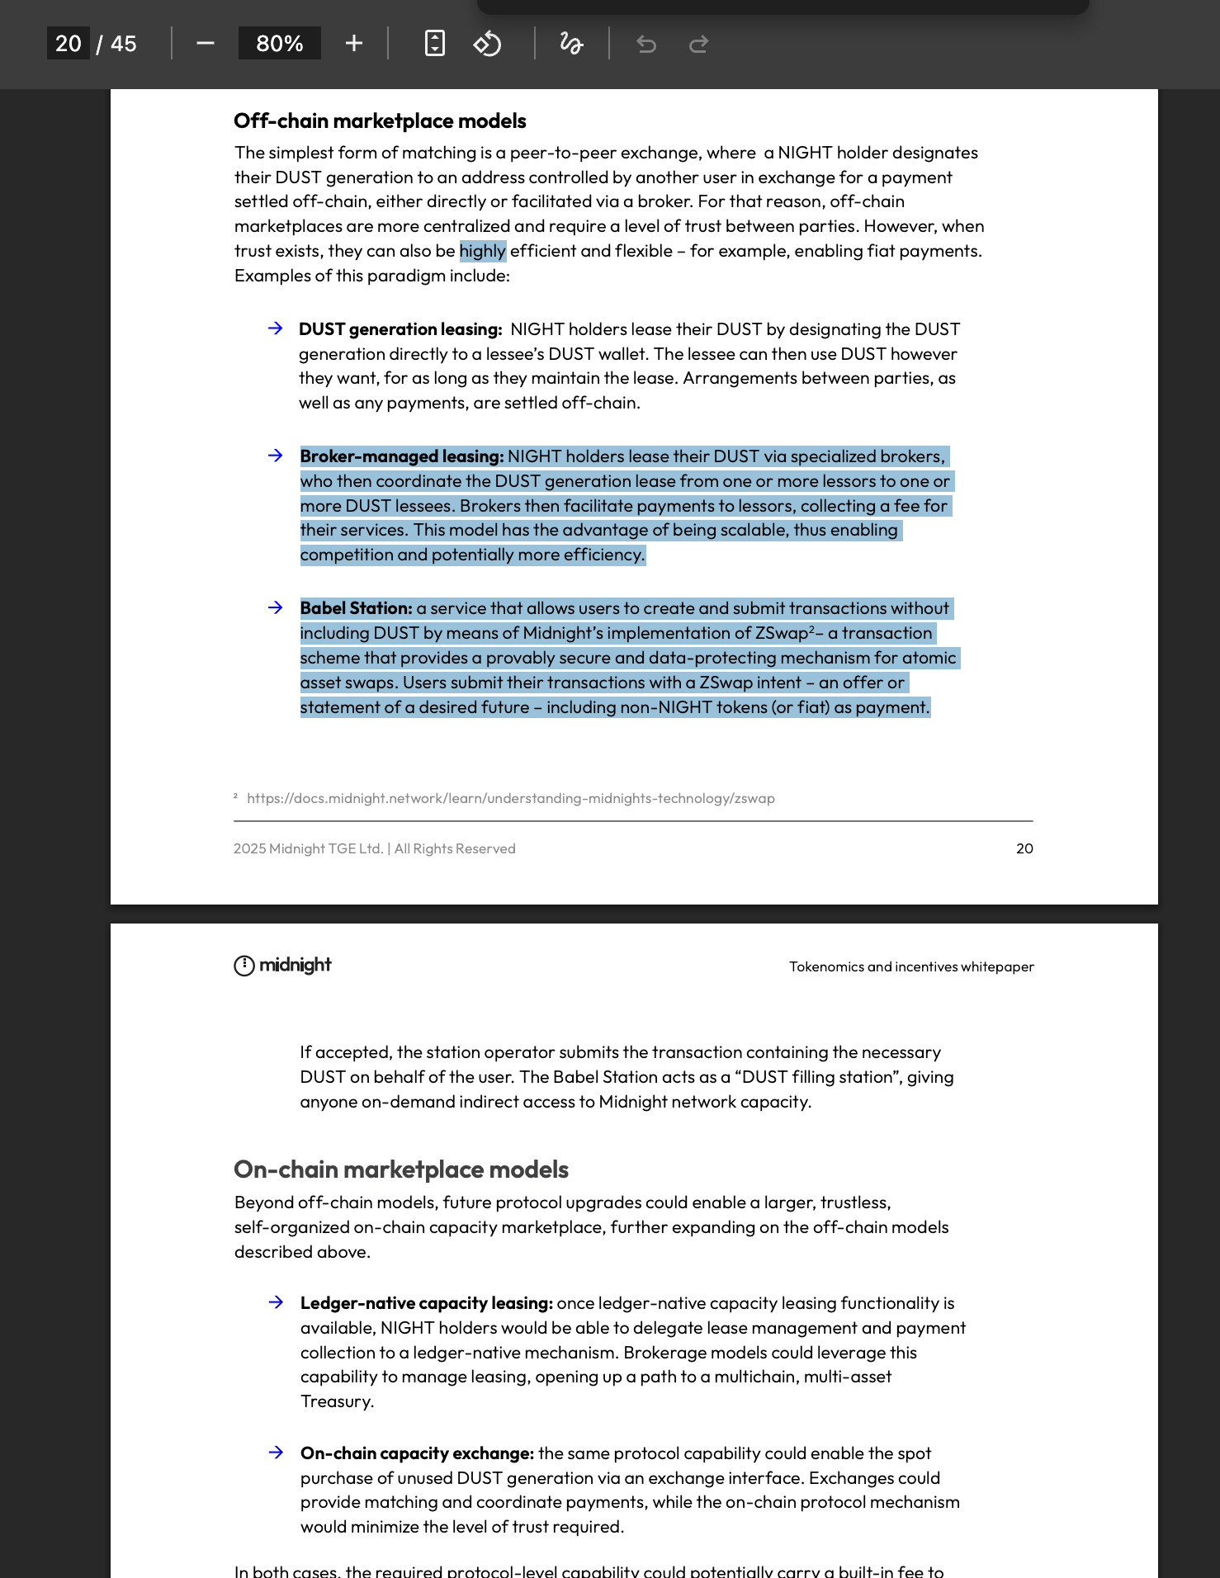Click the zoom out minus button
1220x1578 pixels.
pos(206,44)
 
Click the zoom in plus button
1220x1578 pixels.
pos(354,44)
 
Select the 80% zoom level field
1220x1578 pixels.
pos(279,44)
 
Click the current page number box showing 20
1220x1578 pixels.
pos(69,44)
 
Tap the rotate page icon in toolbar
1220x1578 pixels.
pos(487,44)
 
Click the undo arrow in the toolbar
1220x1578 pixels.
pos(646,44)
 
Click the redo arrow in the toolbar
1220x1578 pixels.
pos(698,44)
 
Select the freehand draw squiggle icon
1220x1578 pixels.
pos(571,44)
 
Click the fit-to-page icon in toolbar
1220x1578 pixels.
pos(435,44)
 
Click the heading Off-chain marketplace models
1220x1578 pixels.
pos(380,121)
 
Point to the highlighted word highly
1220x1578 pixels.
pos(482,251)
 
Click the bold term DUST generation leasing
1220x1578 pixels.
pos(400,329)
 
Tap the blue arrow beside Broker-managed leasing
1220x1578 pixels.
pos(276,456)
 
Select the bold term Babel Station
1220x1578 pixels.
pos(356,608)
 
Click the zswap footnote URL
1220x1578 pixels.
pos(510,798)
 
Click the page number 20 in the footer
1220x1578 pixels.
pos(1024,848)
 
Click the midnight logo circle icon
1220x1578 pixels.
pos(244,966)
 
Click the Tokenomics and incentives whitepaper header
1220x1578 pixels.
pos(911,966)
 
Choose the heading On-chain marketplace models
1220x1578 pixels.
pos(401,1169)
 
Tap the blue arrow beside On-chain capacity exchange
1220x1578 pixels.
pos(277,1453)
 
